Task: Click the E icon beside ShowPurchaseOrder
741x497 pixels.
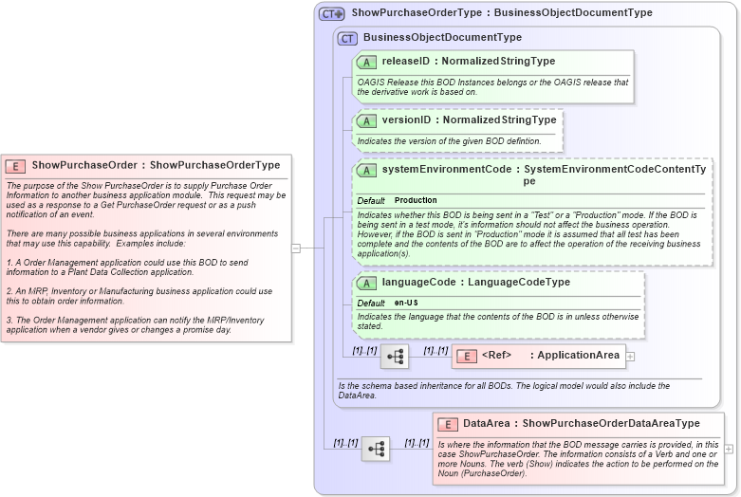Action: click(x=16, y=165)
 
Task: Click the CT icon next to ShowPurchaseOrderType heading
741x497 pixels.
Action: click(x=331, y=14)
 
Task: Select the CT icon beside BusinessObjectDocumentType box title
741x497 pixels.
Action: click(x=348, y=38)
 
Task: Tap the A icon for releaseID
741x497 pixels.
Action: click(x=366, y=62)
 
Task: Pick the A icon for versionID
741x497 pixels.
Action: click(x=366, y=120)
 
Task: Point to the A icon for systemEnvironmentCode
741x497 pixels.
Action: click(x=366, y=170)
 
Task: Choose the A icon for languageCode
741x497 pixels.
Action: click(x=366, y=283)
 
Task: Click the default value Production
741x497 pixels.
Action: click(x=416, y=201)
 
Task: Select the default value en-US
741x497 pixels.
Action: click(x=406, y=303)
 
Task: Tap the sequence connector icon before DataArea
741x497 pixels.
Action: click(x=375, y=449)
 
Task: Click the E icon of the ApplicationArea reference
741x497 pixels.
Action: click(x=466, y=357)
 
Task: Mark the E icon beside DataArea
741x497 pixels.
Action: click(x=448, y=424)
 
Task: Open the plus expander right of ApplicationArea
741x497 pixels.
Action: click(x=630, y=357)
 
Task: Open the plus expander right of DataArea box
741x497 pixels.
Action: click(x=729, y=449)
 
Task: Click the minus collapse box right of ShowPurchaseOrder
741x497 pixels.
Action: click(x=296, y=248)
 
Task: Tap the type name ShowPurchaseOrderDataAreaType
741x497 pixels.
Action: click(x=611, y=424)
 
